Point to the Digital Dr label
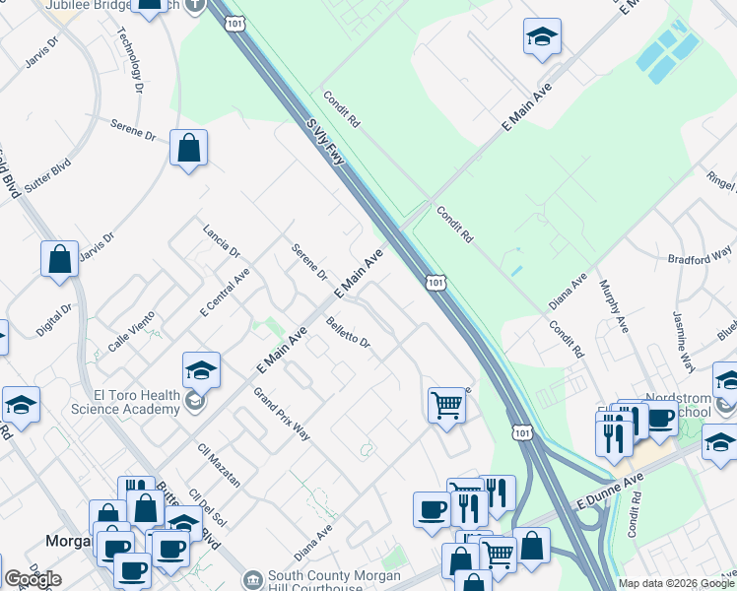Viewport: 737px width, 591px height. [x=53, y=320]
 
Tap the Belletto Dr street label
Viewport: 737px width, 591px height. [x=349, y=331]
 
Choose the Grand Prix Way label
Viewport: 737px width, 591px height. [x=281, y=414]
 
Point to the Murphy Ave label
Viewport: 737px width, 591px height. [x=614, y=304]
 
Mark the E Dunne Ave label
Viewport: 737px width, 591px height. [x=609, y=489]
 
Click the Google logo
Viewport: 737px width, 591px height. [x=33, y=579]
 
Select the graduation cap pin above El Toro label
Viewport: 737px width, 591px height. [x=201, y=372]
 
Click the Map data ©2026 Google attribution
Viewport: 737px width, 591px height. [x=676, y=583]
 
